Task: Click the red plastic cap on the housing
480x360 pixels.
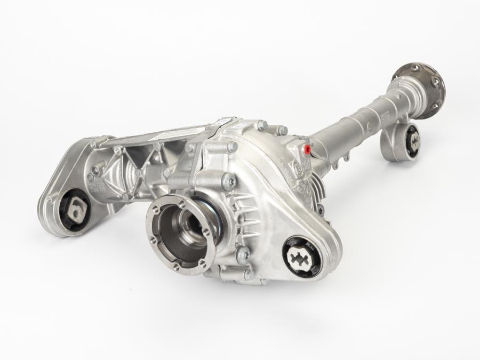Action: coord(307,148)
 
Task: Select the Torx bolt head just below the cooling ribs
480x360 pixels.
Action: coord(243,255)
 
